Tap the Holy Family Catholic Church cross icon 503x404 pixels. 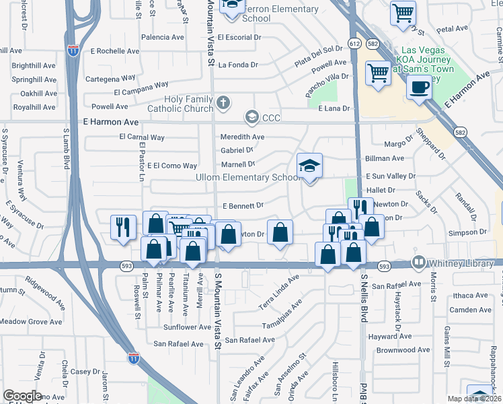point(224,104)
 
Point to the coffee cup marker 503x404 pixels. point(419,87)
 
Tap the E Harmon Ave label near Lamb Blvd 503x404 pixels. point(110,122)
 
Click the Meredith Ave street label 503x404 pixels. point(243,137)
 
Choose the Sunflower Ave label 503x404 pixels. point(188,327)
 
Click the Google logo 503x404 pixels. point(22,396)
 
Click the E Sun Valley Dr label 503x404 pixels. point(391,176)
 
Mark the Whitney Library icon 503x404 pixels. point(420,262)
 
